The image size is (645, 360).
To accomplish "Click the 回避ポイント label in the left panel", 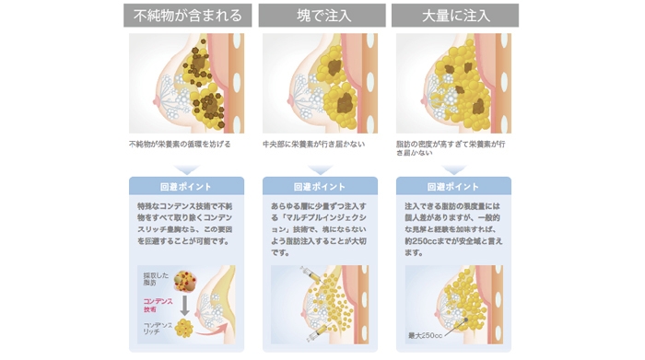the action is click(187, 186).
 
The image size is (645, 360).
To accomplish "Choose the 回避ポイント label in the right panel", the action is click(453, 186).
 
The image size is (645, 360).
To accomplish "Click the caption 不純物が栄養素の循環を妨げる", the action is click(180, 145).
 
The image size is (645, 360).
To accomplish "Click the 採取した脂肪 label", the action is click(153, 279).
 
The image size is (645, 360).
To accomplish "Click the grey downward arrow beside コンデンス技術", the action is click(184, 305).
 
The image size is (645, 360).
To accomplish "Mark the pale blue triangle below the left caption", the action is click(187, 168).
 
